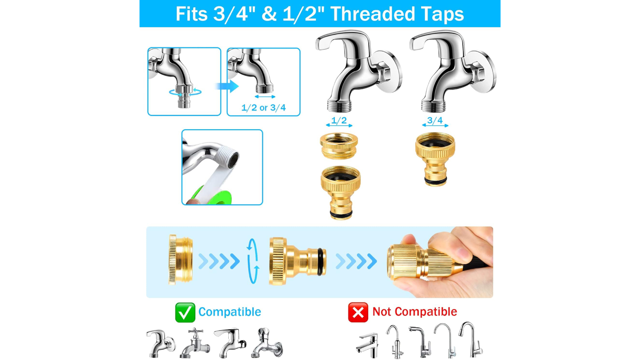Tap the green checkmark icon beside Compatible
[185, 312]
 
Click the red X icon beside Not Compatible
[358, 312]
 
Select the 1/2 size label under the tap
[339, 120]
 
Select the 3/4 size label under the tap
[435, 120]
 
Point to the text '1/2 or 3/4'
[263, 108]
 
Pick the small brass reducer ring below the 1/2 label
[339, 145]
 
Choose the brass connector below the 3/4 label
[435, 159]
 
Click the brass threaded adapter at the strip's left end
[180, 260]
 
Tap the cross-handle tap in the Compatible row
[195, 343]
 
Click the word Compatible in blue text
[230, 312]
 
